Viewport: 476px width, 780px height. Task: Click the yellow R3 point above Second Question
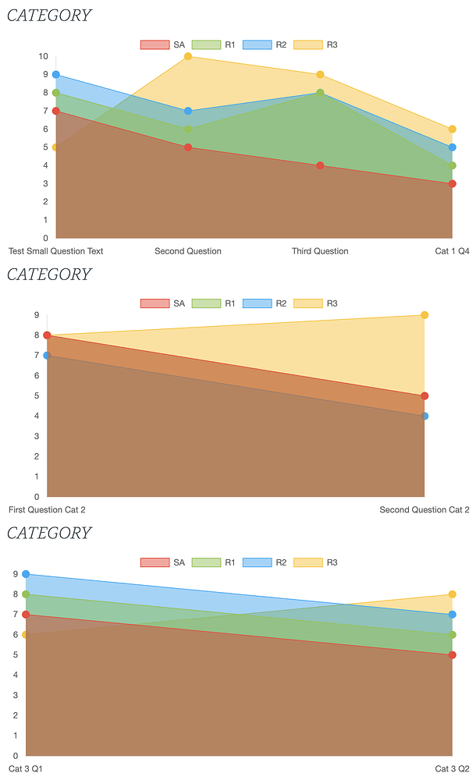pos(188,57)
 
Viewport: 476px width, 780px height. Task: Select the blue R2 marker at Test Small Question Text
pos(56,75)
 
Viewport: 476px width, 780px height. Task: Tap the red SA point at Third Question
pos(320,165)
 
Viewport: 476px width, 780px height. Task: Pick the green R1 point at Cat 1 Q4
pos(452,165)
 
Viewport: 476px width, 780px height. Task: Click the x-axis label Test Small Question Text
pos(56,251)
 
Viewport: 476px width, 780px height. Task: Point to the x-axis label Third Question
pos(320,251)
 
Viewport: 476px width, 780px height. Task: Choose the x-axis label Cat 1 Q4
pos(452,251)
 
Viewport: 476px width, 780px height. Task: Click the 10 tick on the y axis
pos(44,57)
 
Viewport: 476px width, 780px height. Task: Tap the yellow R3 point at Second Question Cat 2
pos(424,315)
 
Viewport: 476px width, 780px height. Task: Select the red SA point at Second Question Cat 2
pos(424,396)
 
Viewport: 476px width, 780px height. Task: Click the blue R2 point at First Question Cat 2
pos(47,356)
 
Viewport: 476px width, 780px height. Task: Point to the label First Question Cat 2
pos(47,510)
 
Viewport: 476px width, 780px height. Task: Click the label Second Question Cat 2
pos(424,510)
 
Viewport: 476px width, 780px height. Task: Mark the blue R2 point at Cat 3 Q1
pos(26,574)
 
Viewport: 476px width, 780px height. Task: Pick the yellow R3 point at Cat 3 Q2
pos(452,594)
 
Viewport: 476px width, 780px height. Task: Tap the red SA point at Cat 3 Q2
pos(452,655)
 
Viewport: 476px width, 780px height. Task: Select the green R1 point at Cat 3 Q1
pos(26,594)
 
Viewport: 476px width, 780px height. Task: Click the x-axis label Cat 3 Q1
pos(26,769)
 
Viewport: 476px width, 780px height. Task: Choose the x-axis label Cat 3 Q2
pos(452,769)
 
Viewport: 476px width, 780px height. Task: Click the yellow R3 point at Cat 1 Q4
pos(452,129)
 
